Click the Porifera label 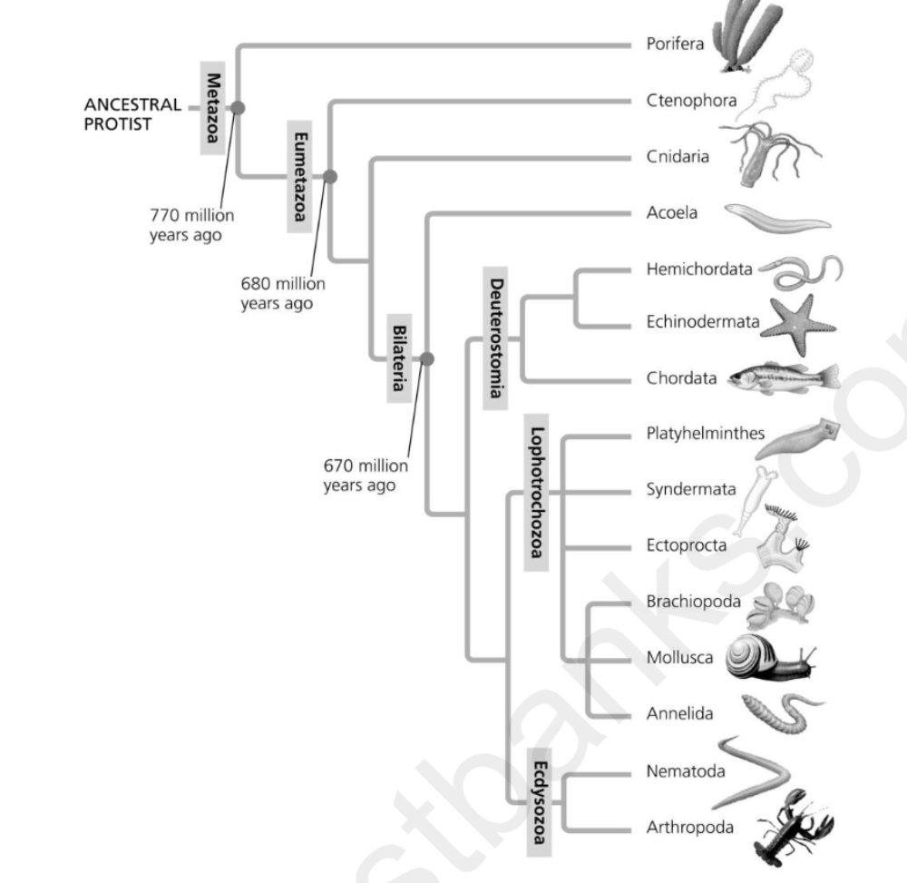675,44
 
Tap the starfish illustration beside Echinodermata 797,324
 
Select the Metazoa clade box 212,106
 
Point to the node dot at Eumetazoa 329,176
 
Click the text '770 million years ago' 191,225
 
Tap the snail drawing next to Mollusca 769,660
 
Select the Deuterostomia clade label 495,338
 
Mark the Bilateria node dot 427,358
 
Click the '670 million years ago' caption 366,476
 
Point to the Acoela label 672,212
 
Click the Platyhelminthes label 705,434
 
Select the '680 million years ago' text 282,293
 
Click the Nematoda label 686,772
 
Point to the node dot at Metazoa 237,107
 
